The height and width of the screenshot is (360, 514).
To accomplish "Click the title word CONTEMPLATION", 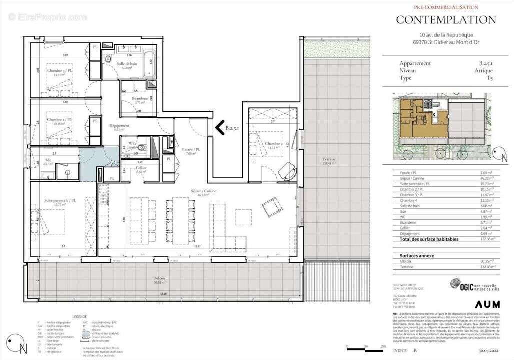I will (x=446, y=20).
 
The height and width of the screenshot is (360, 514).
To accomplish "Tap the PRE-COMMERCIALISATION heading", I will (x=446, y=7).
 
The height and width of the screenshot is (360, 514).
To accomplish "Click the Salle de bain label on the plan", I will (x=127, y=64).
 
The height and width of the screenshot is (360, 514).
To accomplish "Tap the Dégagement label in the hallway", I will (x=119, y=126).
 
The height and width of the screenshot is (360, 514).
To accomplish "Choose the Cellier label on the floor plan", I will (x=141, y=168).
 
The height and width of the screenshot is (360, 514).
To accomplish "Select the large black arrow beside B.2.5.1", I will (x=219, y=128).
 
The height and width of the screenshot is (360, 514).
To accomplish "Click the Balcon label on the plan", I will (x=159, y=278).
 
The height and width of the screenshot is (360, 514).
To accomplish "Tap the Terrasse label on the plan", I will (x=329, y=159).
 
